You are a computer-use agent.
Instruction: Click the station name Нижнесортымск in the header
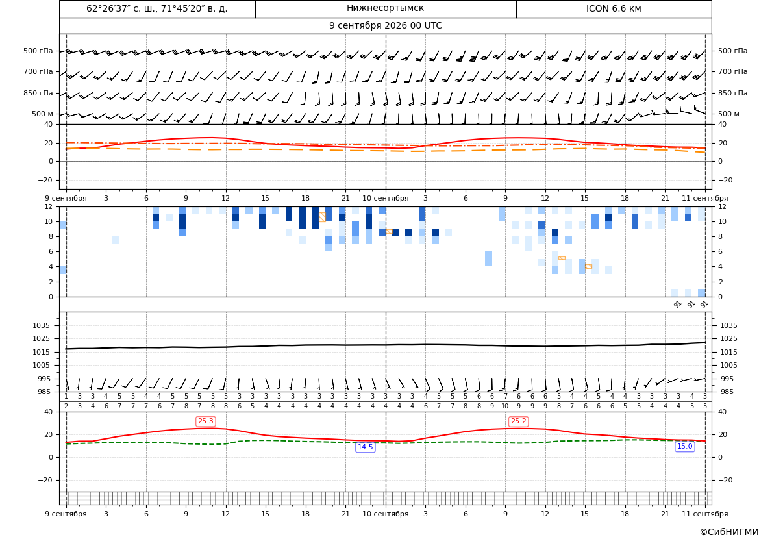(x=385, y=8)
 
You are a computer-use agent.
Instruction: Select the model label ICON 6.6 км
(x=614, y=8)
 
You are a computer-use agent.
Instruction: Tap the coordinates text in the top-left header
(x=157, y=8)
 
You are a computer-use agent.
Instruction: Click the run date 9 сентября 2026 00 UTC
(x=385, y=26)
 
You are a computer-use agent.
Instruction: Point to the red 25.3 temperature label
(x=205, y=421)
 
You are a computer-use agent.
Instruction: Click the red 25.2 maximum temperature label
(x=518, y=421)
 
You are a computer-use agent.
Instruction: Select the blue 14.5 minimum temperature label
(x=365, y=447)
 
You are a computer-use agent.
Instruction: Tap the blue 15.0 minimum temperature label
(x=684, y=447)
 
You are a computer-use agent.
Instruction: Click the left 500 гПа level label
(x=38, y=51)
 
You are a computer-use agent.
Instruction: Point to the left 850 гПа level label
(x=38, y=93)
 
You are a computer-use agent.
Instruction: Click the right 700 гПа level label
(x=733, y=71)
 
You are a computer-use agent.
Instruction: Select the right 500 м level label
(x=728, y=114)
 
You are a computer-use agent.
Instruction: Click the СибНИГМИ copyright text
(x=729, y=532)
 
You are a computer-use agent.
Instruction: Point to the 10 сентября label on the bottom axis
(x=385, y=514)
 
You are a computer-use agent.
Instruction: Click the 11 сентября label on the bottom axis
(x=705, y=514)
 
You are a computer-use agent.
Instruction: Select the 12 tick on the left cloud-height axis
(x=49, y=206)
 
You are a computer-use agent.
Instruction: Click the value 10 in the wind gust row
(x=505, y=406)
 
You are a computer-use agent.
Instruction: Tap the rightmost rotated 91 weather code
(x=704, y=304)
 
